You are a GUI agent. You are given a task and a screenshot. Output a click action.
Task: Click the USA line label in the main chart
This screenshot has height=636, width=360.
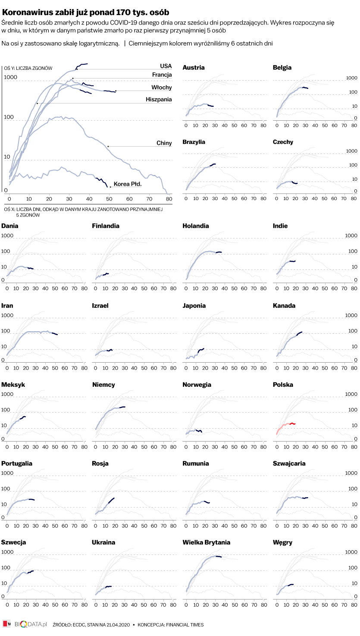click(x=166, y=66)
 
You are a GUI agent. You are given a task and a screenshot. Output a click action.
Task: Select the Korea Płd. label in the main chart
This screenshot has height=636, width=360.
click(x=128, y=184)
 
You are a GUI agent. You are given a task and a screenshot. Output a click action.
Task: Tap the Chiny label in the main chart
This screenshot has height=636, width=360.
click(x=164, y=143)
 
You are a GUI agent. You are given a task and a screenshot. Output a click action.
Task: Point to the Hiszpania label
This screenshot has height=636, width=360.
click(x=159, y=100)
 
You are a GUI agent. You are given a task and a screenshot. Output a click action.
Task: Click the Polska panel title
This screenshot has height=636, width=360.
click(x=283, y=385)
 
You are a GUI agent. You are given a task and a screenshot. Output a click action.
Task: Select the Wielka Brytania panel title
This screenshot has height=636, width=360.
click(x=206, y=542)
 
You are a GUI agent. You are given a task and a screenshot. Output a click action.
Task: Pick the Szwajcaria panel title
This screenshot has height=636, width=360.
click(x=289, y=464)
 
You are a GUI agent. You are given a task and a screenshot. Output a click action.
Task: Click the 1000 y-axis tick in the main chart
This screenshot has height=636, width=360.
click(x=10, y=78)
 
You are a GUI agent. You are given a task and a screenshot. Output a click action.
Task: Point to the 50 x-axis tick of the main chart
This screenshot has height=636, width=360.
click(x=109, y=199)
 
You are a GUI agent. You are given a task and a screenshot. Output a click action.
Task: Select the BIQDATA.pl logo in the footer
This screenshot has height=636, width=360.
click(x=30, y=624)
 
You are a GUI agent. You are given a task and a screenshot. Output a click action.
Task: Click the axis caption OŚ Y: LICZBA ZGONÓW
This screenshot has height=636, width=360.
click(x=28, y=69)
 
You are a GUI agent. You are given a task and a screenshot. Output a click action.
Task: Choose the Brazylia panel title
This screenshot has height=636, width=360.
click(x=194, y=142)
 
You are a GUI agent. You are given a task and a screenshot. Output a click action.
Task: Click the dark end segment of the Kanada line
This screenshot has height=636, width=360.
click(x=299, y=334)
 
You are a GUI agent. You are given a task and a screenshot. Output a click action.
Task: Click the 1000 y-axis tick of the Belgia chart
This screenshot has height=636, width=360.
click(x=352, y=78)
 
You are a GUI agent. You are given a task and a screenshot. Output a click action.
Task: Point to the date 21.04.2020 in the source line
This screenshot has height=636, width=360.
click(x=117, y=625)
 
